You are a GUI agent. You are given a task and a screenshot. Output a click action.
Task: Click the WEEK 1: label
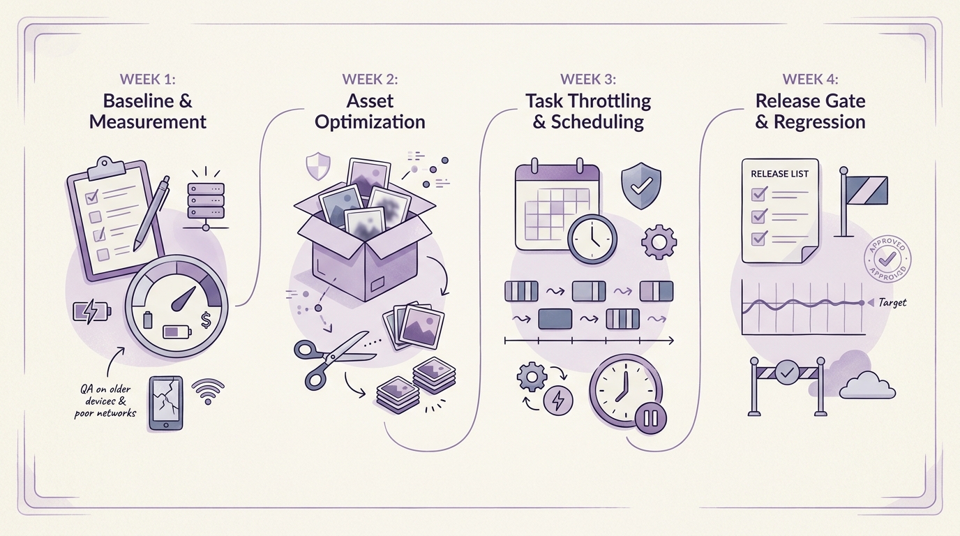point(147,79)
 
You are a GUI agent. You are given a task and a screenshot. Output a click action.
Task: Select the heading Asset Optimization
point(370,112)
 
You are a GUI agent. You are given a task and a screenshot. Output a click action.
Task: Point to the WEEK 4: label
point(810,79)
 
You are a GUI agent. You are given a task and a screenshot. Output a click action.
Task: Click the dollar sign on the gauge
point(206,320)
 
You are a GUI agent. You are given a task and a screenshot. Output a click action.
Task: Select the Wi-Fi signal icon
point(208,391)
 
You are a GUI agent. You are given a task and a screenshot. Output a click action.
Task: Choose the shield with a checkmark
point(640,185)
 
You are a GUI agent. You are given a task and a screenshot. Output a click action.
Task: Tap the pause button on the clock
point(650,417)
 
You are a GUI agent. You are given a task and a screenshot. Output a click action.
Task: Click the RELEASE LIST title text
point(779,174)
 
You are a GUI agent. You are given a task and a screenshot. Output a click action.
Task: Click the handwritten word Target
point(892,302)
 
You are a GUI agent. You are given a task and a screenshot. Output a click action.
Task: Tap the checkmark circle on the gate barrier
point(786,372)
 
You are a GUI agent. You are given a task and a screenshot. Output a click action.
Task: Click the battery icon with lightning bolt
point(92,311)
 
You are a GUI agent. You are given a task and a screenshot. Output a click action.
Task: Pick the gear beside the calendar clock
point(659,242)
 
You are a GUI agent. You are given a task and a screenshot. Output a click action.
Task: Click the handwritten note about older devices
point(105,401)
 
